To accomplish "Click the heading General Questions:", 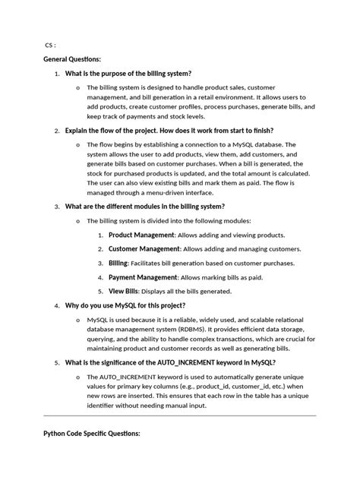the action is pos(73,58).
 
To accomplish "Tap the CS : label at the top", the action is pos(51,44).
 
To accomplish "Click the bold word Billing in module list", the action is pos(118,263).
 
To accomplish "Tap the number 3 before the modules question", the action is pos(56,206).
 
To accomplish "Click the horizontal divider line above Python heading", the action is pos(179,415).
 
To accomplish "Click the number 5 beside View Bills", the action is pos(100,291).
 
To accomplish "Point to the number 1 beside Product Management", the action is pos(100,235).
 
